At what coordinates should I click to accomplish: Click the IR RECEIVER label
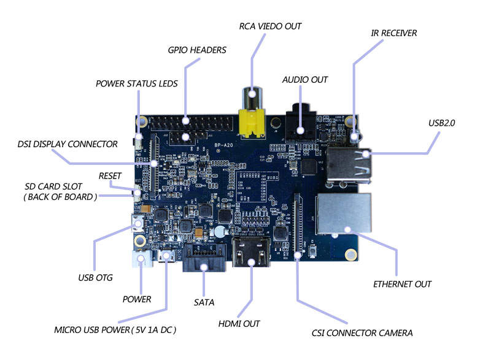coord(394,33)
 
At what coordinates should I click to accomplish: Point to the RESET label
coord(110,177)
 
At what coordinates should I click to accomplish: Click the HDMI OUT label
coord(239,323)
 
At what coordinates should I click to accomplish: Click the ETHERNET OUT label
coord(403,284)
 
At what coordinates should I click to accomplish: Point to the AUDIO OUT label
coord(305,80)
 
